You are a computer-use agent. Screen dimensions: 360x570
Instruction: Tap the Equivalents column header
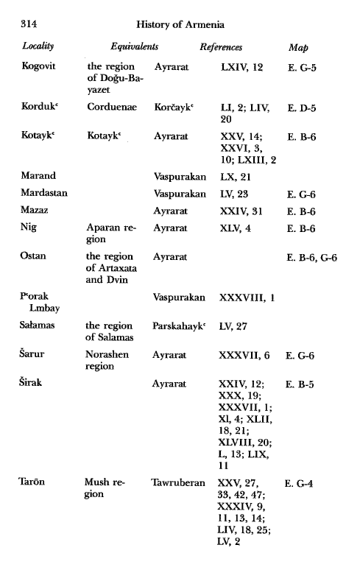click(x=135, y=48)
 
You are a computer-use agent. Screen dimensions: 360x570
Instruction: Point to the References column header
click(x=221, y=48)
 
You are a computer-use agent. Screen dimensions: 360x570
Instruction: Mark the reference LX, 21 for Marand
click(x=236, y=177)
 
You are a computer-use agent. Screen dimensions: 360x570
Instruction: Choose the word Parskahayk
click(x=180, y=325)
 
